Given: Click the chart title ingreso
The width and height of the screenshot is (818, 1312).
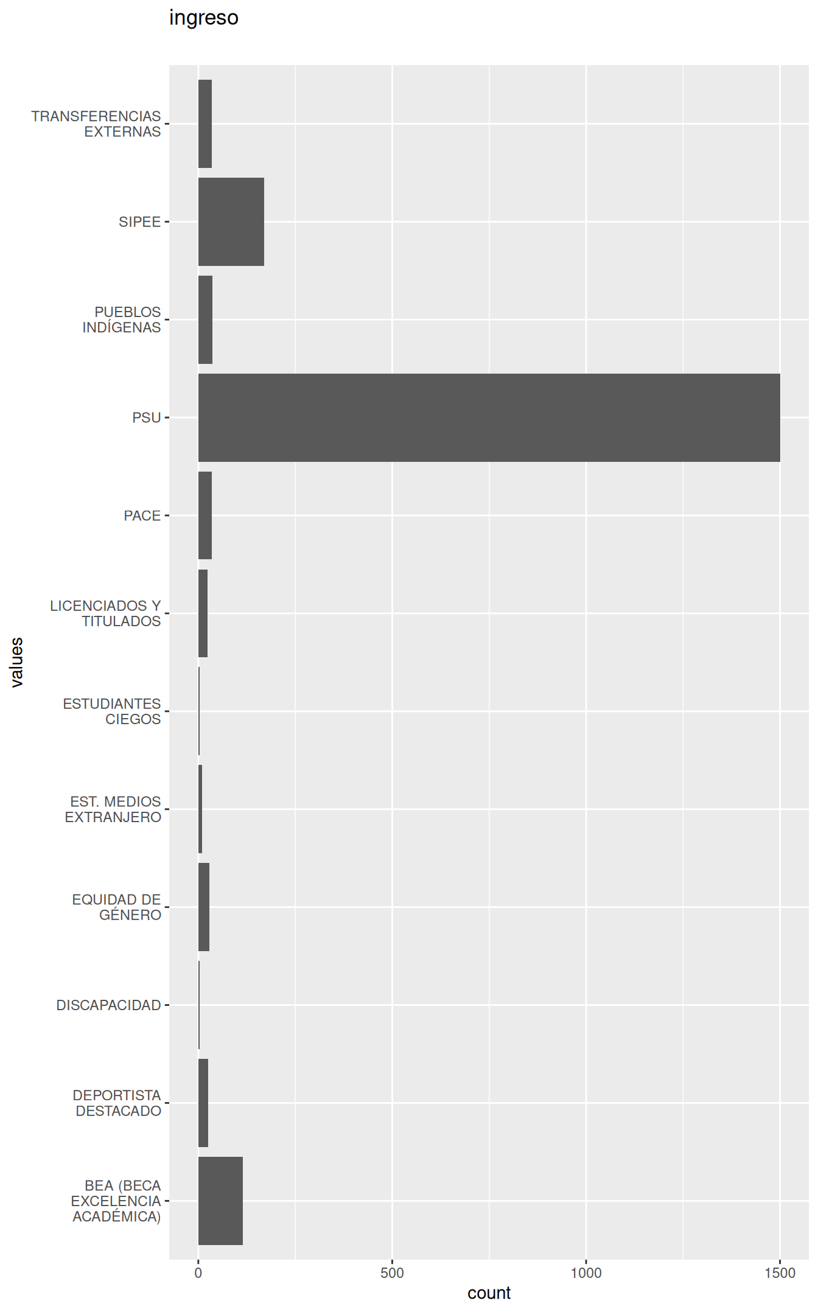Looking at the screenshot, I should point(203,18).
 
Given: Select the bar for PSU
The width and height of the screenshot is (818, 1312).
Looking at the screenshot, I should point(489,417).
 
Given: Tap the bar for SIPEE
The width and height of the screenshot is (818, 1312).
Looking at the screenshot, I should point(231,222).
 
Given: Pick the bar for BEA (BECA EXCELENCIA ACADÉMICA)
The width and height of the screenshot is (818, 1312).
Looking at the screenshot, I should point(220,1201).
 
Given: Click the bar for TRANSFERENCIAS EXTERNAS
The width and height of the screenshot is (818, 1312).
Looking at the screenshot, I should point(205,124).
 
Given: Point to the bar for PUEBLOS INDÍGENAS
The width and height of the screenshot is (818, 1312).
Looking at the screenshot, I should point(205,319).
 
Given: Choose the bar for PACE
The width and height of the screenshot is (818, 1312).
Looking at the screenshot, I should point(205,515).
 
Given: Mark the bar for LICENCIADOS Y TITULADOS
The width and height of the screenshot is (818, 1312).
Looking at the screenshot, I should point(203,613).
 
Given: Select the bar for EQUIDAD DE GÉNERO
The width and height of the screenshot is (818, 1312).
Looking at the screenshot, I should point(204,907).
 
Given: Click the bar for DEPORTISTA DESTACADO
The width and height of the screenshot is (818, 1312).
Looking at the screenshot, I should point(203,1103).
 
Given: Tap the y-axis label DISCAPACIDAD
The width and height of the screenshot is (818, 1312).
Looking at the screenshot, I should point(108,1005).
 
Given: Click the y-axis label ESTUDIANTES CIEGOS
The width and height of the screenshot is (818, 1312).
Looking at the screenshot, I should point(112,711).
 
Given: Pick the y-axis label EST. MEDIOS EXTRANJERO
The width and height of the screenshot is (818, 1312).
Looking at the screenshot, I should point(113,809).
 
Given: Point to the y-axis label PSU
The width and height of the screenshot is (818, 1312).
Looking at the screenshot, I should point(147,417).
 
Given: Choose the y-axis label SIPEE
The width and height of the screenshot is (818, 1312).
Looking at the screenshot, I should point(140,222).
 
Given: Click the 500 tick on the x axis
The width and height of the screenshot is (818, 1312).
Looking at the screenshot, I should point(392,1272).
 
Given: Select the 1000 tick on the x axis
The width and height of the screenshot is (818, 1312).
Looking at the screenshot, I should point(586,1272).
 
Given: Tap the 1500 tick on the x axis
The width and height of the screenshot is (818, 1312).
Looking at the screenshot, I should point(780,1272).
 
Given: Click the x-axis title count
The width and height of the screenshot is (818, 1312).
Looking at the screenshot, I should point(489,1293).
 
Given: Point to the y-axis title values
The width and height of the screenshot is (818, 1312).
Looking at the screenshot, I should point(17,662).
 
